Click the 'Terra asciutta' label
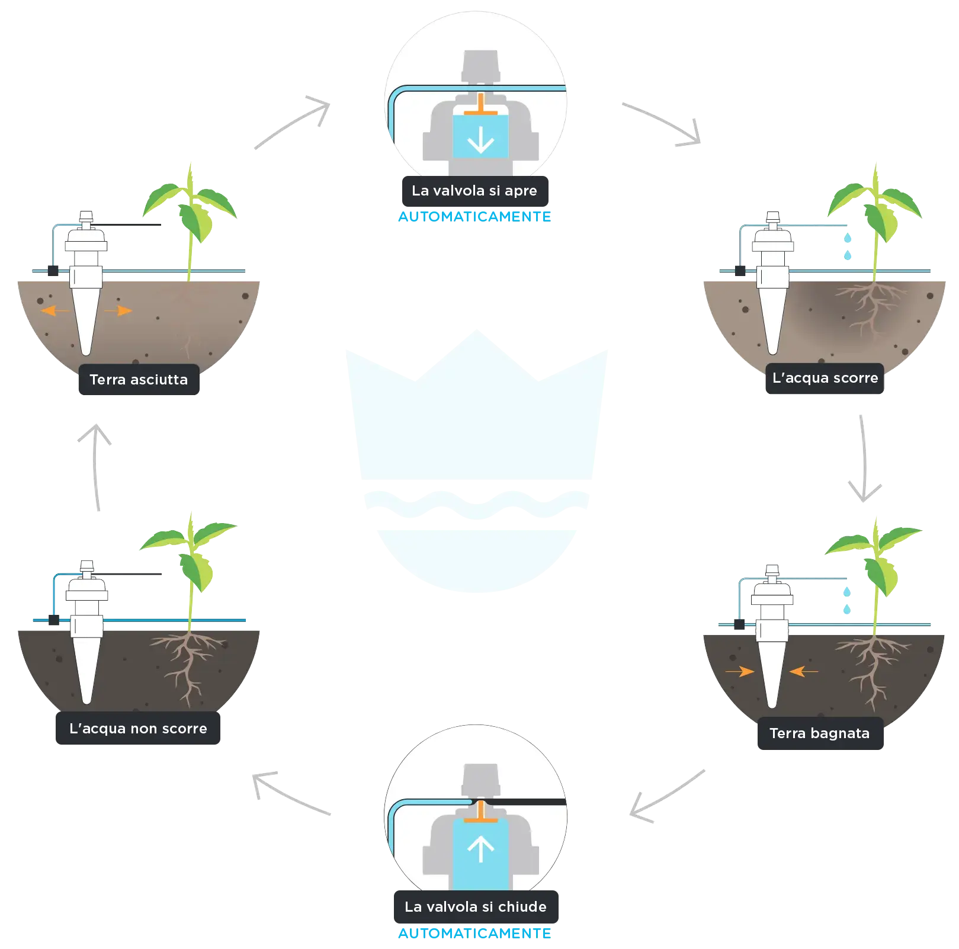click(139, 380)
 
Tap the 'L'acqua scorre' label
click(825, 378)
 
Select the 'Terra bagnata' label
click(820, 733)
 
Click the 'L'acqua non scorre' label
click(138, 729)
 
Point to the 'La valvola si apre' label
click(474, 191)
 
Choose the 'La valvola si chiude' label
click(476, 907)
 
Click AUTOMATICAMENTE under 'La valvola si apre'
click(474, 217)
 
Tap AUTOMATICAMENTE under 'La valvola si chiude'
click(474, 934)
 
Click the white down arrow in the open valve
click(480, 139)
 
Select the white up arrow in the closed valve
click(480, 849)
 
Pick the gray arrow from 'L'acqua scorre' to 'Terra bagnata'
click(864, 459)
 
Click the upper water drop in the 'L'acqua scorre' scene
click(848, 238)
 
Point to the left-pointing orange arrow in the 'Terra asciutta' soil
click(56, 310)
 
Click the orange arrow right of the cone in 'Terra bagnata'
click(804, 671)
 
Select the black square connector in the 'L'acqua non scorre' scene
click(54, 620)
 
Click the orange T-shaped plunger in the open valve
click(480, 106)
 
